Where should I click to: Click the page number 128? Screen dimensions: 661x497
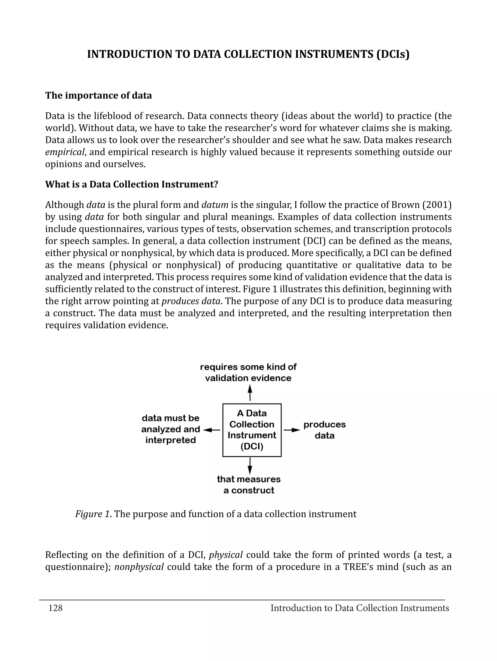tap(56, 608)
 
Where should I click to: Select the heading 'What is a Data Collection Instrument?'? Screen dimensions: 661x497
tap(132, 184)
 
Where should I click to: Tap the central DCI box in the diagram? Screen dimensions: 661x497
tap(252, 430)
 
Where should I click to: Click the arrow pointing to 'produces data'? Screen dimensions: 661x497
tap(292, 430)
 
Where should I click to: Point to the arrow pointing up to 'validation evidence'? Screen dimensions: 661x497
tap(250, 393)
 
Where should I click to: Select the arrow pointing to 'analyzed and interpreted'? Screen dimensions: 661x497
tap(212, 430)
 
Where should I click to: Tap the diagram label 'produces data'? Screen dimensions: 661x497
tap(324, 430)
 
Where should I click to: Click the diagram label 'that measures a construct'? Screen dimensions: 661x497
tap(249, 485)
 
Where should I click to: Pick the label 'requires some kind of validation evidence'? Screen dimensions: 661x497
tap(248, 372)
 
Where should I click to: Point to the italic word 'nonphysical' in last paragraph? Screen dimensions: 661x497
tap(139, 567)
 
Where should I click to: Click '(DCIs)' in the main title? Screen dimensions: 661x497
tap(392, 54)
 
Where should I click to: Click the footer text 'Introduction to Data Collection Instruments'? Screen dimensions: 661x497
tap(359, 608)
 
